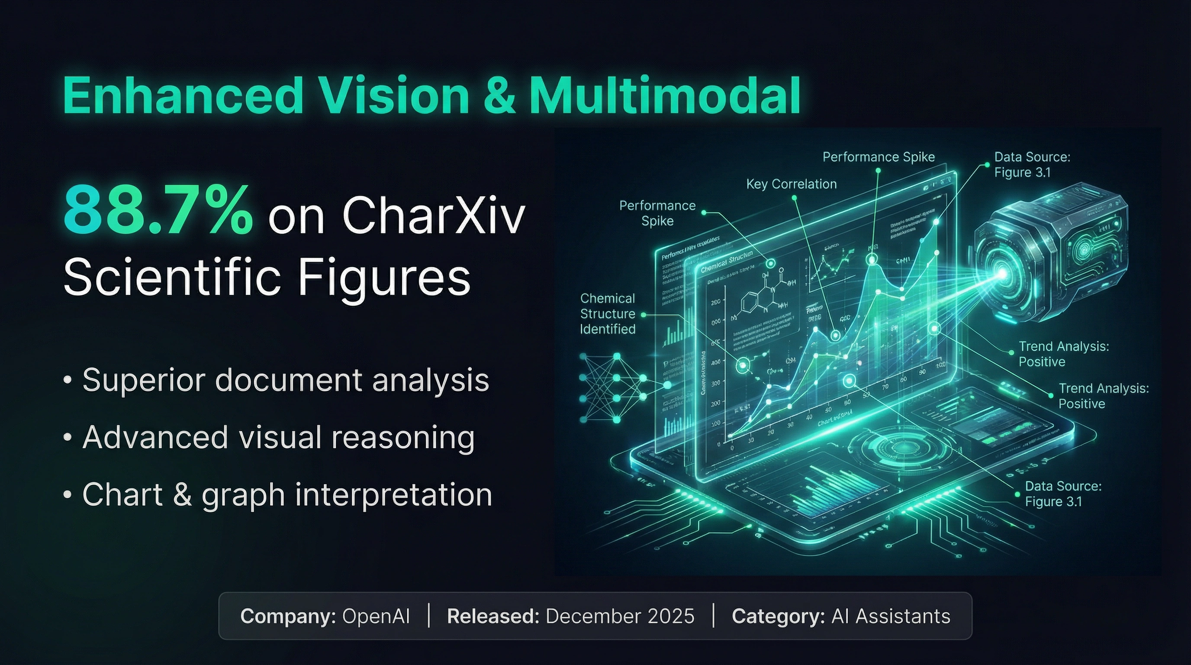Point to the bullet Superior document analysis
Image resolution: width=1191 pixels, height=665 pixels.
point(285,380)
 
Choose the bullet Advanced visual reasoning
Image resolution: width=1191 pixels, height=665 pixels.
point(278,437)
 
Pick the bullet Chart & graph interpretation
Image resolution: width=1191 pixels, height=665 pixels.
point(286,494)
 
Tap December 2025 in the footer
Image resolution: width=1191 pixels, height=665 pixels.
point(620,617)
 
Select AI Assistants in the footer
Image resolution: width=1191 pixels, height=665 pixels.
point(891,617)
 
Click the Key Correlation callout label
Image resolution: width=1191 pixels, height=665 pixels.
point(791,184)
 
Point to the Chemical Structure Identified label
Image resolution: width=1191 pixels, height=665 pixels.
point(608,313)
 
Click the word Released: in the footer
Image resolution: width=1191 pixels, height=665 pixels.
point(493,617)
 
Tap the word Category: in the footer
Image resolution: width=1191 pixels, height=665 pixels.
point(778,617)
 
